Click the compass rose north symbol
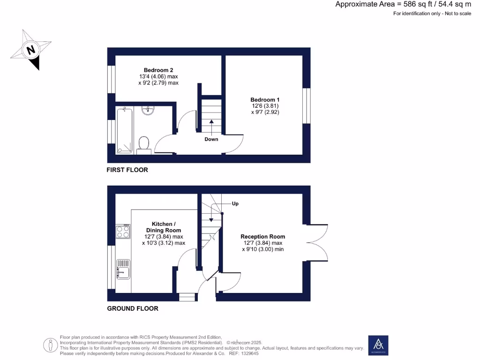point(31,50)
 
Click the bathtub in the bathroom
point(124,129)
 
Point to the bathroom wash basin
point(148,111)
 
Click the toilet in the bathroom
point(144,144)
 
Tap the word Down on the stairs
point(211,139)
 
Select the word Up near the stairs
point(235,204)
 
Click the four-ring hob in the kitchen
point(123,232)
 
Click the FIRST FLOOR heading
point(127,170)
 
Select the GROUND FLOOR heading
point(133,308)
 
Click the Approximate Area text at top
point(403,4)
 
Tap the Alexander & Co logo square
point(378,345)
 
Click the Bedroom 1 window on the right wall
point(306,106)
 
